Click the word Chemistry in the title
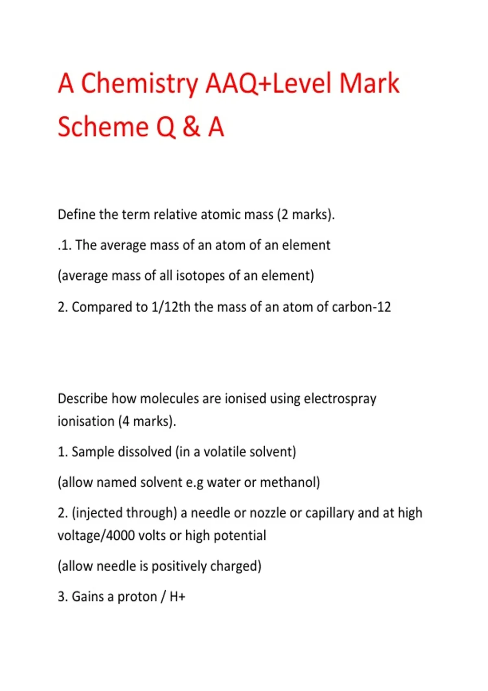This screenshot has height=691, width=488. (x=139, y=84)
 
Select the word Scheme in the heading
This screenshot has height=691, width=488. (x=103, y=127)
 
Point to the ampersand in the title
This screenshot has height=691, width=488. (x=191, y=127)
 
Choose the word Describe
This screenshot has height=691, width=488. (x=83, y=398)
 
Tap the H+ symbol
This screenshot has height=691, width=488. (x=177, y=597)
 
